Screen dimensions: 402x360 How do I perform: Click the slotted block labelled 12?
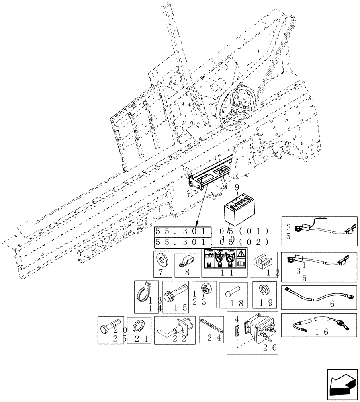tap(263, 262)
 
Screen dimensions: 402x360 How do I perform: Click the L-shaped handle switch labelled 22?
tap(175, 328)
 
